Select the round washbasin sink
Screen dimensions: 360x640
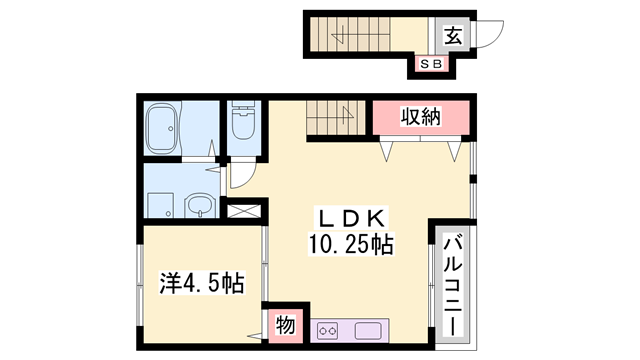click(x=200, y=206)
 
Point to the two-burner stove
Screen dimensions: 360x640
click(x=329, y=330)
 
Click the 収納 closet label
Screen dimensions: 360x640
click(x=421, y=117)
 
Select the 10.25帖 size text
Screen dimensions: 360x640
click(x=349, y=244)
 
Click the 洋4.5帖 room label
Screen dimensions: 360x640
click(x=201, y=283)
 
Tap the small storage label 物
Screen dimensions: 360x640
click(x=285, y=324)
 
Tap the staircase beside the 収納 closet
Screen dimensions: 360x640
click(x=337, y=118)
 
